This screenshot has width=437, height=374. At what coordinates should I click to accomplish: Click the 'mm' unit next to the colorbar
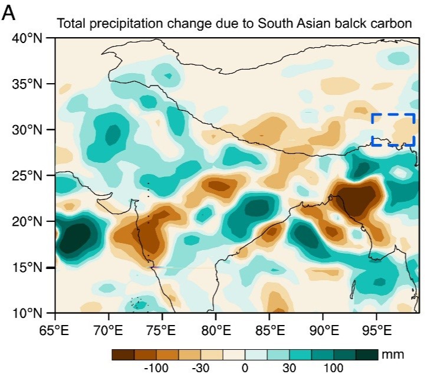(x=389, y=355)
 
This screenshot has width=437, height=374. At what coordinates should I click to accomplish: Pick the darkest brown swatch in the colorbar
(x=123, y=355)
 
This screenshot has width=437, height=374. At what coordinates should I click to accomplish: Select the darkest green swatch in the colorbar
(x=366, y=355)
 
